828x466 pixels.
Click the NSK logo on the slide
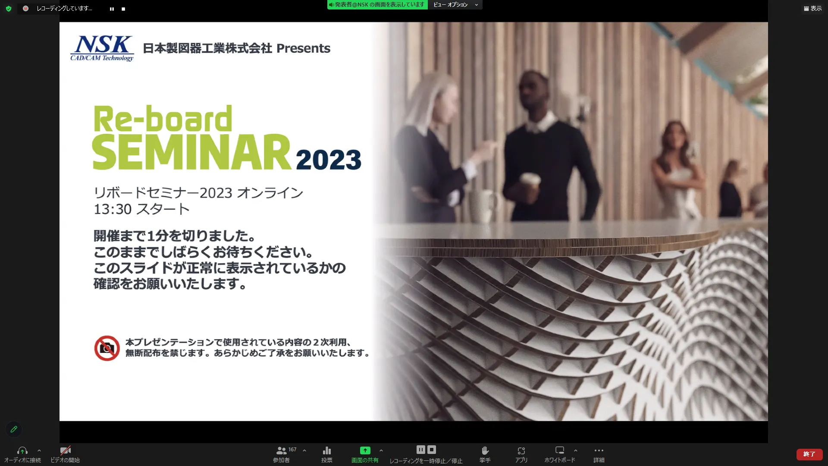102,48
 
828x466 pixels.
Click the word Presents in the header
303,48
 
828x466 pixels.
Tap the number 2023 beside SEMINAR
329,160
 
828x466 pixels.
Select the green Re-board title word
163,119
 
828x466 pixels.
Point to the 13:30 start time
113,209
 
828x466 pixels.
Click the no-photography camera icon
107,348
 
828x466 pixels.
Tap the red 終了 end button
809,454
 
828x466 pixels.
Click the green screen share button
365,450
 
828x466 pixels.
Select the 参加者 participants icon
281,450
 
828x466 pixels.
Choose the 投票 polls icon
327,450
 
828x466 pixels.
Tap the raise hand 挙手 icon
485,450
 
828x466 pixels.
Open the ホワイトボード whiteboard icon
560,450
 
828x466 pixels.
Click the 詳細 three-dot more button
599,450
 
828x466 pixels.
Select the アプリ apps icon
521,450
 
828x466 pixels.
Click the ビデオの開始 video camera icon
66,450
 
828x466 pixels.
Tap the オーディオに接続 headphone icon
22,450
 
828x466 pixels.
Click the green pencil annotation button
14,429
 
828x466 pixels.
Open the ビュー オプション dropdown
455,5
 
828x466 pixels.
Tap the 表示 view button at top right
813,9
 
